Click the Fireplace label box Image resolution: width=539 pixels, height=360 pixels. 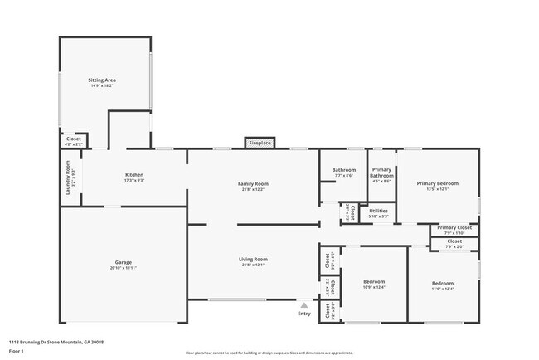coord(260,143)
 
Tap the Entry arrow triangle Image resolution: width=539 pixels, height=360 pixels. coord(304,305)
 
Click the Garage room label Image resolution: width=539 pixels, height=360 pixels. coord(124,261)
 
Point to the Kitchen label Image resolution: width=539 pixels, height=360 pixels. coord(134,175)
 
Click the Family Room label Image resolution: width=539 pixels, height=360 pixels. coord(254,183)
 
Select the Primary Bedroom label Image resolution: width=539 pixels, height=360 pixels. coord(437,183)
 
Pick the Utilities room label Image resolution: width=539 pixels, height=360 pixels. coord(379,211)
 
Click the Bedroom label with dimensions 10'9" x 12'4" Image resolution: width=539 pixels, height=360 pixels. coord(374,282)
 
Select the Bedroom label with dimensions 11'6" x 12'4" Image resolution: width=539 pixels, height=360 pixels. coord(443,283)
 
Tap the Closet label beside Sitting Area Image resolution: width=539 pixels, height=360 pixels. coord(74,139)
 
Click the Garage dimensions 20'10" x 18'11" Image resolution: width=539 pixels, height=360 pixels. coord(124,268)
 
